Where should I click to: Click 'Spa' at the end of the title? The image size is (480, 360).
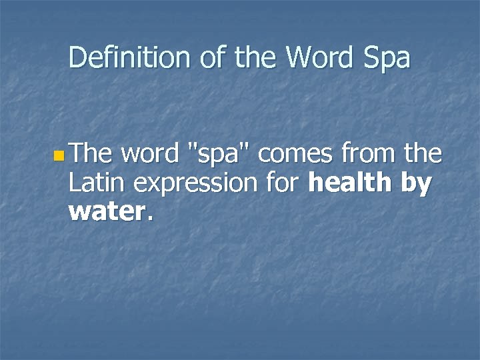(387, 59)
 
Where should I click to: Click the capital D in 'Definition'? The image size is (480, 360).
(76, 58)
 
